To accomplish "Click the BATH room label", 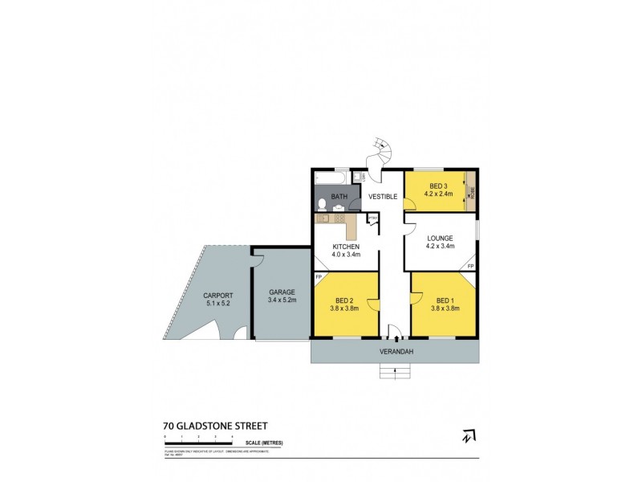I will (339, 196).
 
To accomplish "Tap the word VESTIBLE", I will (382, 196).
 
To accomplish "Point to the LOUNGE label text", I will (441, 238).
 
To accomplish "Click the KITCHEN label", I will (346, 247).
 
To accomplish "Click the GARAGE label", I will (282, 292).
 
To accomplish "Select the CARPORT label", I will (217, 295).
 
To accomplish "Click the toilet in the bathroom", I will (321, 202).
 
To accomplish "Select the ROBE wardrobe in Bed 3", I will (472, 192).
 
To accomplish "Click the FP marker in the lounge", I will (470, 266).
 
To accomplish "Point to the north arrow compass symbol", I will (466, 436).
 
